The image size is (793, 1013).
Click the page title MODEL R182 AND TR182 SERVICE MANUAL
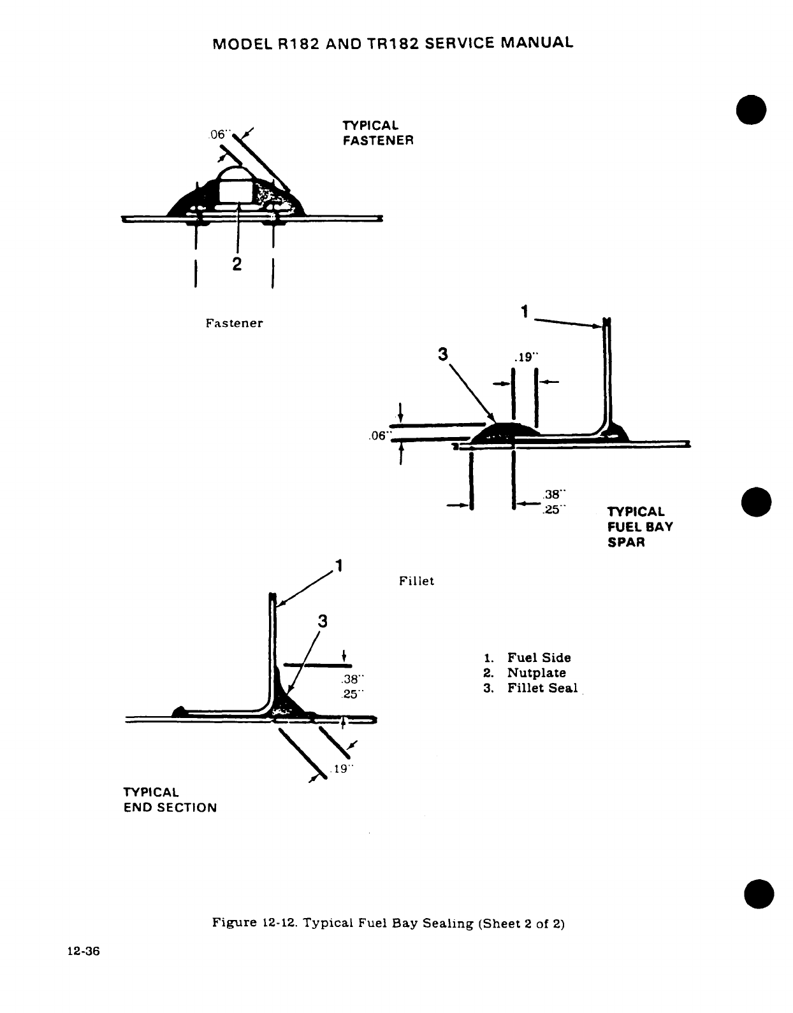click(393, 43)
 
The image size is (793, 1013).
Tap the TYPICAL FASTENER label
click(378, 133)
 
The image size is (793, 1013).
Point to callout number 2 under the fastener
click(236, 264)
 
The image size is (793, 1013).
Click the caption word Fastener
click(234, 323)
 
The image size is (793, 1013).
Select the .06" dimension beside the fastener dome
click(218, 135)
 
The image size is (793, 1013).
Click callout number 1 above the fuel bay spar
click(524, 312)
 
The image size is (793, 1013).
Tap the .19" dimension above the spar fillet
click(525, 357)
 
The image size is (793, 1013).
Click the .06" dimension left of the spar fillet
click(379, 436)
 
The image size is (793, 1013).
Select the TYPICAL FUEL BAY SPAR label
click(639, 527)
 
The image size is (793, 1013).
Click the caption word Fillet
click(416, 581)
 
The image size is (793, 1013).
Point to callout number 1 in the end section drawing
click(339, 566)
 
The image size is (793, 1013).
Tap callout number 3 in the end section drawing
click(323, 621)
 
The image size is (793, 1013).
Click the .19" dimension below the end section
click(342, 769)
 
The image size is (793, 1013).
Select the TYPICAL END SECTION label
click(170, 800)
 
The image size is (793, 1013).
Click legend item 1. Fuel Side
click(527, 658)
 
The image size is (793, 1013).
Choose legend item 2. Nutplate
click(524, 673)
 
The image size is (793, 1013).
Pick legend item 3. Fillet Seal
click(530, 689)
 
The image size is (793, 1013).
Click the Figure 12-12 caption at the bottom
click(388, 923)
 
